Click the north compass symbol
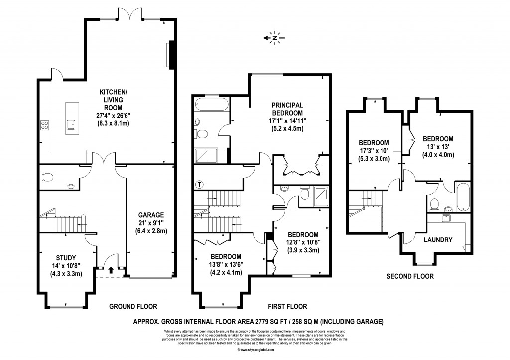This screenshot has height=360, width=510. point(274,37)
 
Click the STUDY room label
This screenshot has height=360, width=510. point(66,257)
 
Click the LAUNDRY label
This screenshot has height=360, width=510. point(438,240)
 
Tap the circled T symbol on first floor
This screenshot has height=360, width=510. point(200,184)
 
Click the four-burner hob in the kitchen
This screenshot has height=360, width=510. point(45,125)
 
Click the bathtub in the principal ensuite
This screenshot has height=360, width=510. point(211,105)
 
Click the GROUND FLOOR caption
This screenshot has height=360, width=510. point(133,306)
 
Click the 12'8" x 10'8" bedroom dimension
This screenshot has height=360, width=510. point(303,242)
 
